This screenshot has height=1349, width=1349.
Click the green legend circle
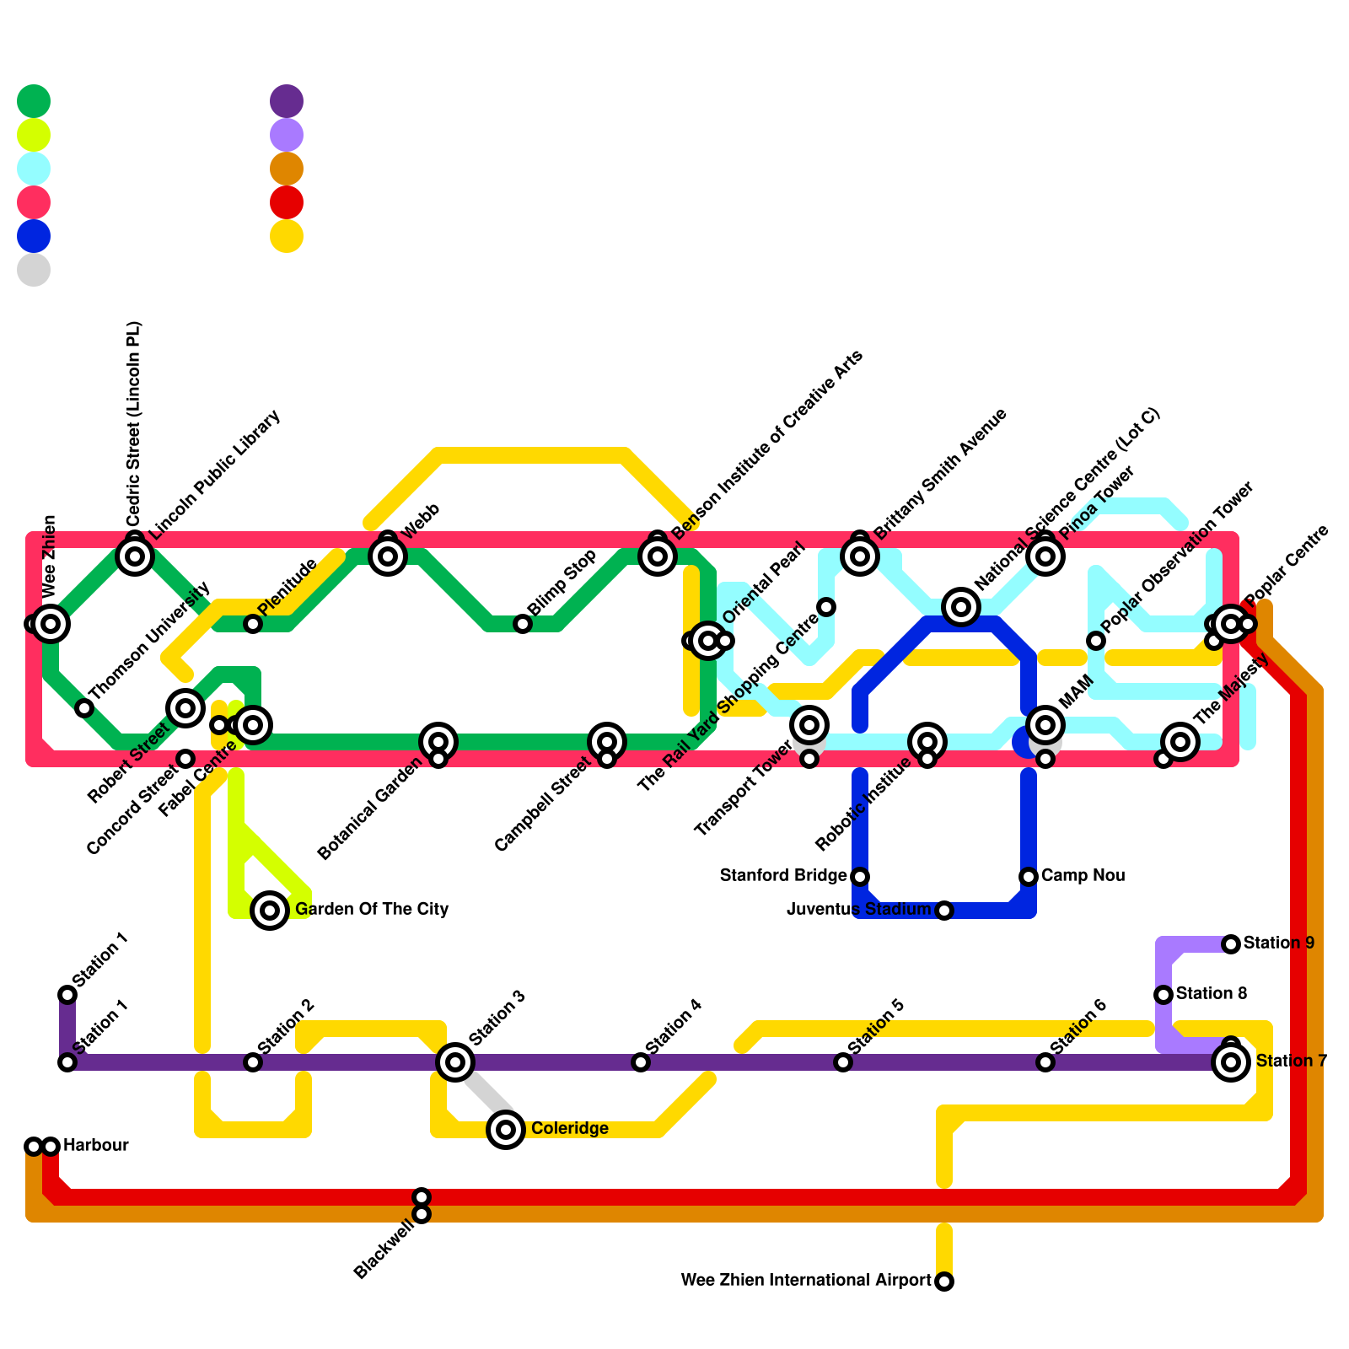pyautogui.click(x=34, y=101)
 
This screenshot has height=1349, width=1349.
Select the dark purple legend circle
pyautogui.click(x=287, y=101)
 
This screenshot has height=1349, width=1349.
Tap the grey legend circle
pyautogui.click(x=34, y=270)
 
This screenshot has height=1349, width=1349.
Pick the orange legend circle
pyautogui.click(x=287, y=169)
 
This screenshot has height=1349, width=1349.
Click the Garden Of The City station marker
pyautogui.click(x=270, y=911)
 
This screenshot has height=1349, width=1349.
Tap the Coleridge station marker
pyautogui.click(x=506, y=1130)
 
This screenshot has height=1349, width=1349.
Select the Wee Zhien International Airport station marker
pyautogui.click(x=944, y=1282)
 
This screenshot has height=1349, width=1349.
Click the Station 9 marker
pyautogui.click(x=1231, y=944)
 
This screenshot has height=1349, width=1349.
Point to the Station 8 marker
pyautogui.click(x=1164, y=995)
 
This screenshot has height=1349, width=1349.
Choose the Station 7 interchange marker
pyautogui.click(x=1231, y=1062)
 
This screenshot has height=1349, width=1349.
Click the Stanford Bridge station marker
pyautogui.click(x=860, y=877)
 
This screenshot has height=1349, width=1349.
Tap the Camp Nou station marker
pyautogui.click(x=1029, y=877)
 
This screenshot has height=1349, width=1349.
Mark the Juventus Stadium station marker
pyautogui.click(x=944, y=911)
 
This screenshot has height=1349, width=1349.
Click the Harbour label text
pyautogui.click(x=95, y=1146)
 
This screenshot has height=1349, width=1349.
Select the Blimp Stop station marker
pyautogui.click(x=523, y=624)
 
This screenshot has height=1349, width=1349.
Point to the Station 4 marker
pyautogui.click(x=641, y=1062)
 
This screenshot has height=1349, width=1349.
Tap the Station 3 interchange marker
pyautogui.click(x=455, y=1062)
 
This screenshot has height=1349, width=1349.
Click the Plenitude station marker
pyautogui.click(x=253, y=624)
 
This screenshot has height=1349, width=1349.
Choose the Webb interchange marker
pyautogui.click(x=388, y=556)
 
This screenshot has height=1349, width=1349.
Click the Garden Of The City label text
pyautogui.click(x=372, y=910)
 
